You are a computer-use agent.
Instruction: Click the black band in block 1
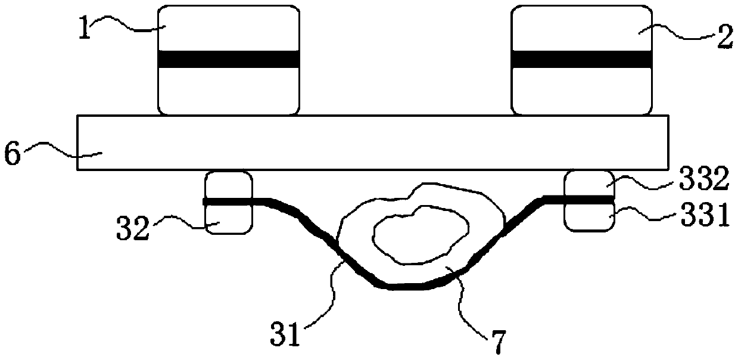[228, 59]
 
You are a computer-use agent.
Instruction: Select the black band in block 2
[581, 59]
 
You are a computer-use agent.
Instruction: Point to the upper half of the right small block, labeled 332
[588, 184]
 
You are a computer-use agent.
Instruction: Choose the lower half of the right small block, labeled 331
[588, 216]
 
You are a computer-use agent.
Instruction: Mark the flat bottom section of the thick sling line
[405, 287]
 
